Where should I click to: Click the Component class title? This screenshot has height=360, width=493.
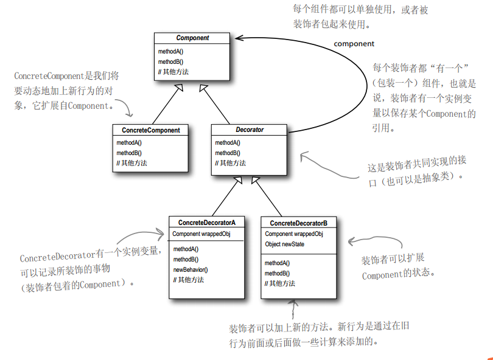(x=192, y=38)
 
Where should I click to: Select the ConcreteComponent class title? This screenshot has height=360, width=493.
(x=151, y=130)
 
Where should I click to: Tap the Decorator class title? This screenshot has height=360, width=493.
(x=250, y=130)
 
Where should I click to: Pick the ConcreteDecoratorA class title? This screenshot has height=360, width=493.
(x=207, y=223)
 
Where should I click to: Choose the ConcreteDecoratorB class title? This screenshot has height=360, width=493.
(x=298, y=223)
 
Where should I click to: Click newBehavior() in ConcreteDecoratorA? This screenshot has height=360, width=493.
(x=191, y=269)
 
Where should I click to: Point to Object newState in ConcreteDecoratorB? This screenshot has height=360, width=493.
(x=285, y=244)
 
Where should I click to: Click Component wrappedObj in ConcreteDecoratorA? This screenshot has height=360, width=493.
(x=201, y=234)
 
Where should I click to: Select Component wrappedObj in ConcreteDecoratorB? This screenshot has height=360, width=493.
(x=294, y=234)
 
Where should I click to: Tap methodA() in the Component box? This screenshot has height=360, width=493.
(x=171, y=51)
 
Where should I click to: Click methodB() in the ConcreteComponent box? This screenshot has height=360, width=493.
(x=130, y=153)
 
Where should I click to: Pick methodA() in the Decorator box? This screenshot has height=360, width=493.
(x=228, y=143)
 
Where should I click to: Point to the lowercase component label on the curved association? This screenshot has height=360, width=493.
(x=354, y=44)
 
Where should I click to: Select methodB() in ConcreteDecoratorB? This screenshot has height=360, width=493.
(x=278, y=273)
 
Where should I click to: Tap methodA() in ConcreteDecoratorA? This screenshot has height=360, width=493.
(x=186, y=249)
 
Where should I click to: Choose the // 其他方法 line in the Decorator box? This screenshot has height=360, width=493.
(x=231, y=163)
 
